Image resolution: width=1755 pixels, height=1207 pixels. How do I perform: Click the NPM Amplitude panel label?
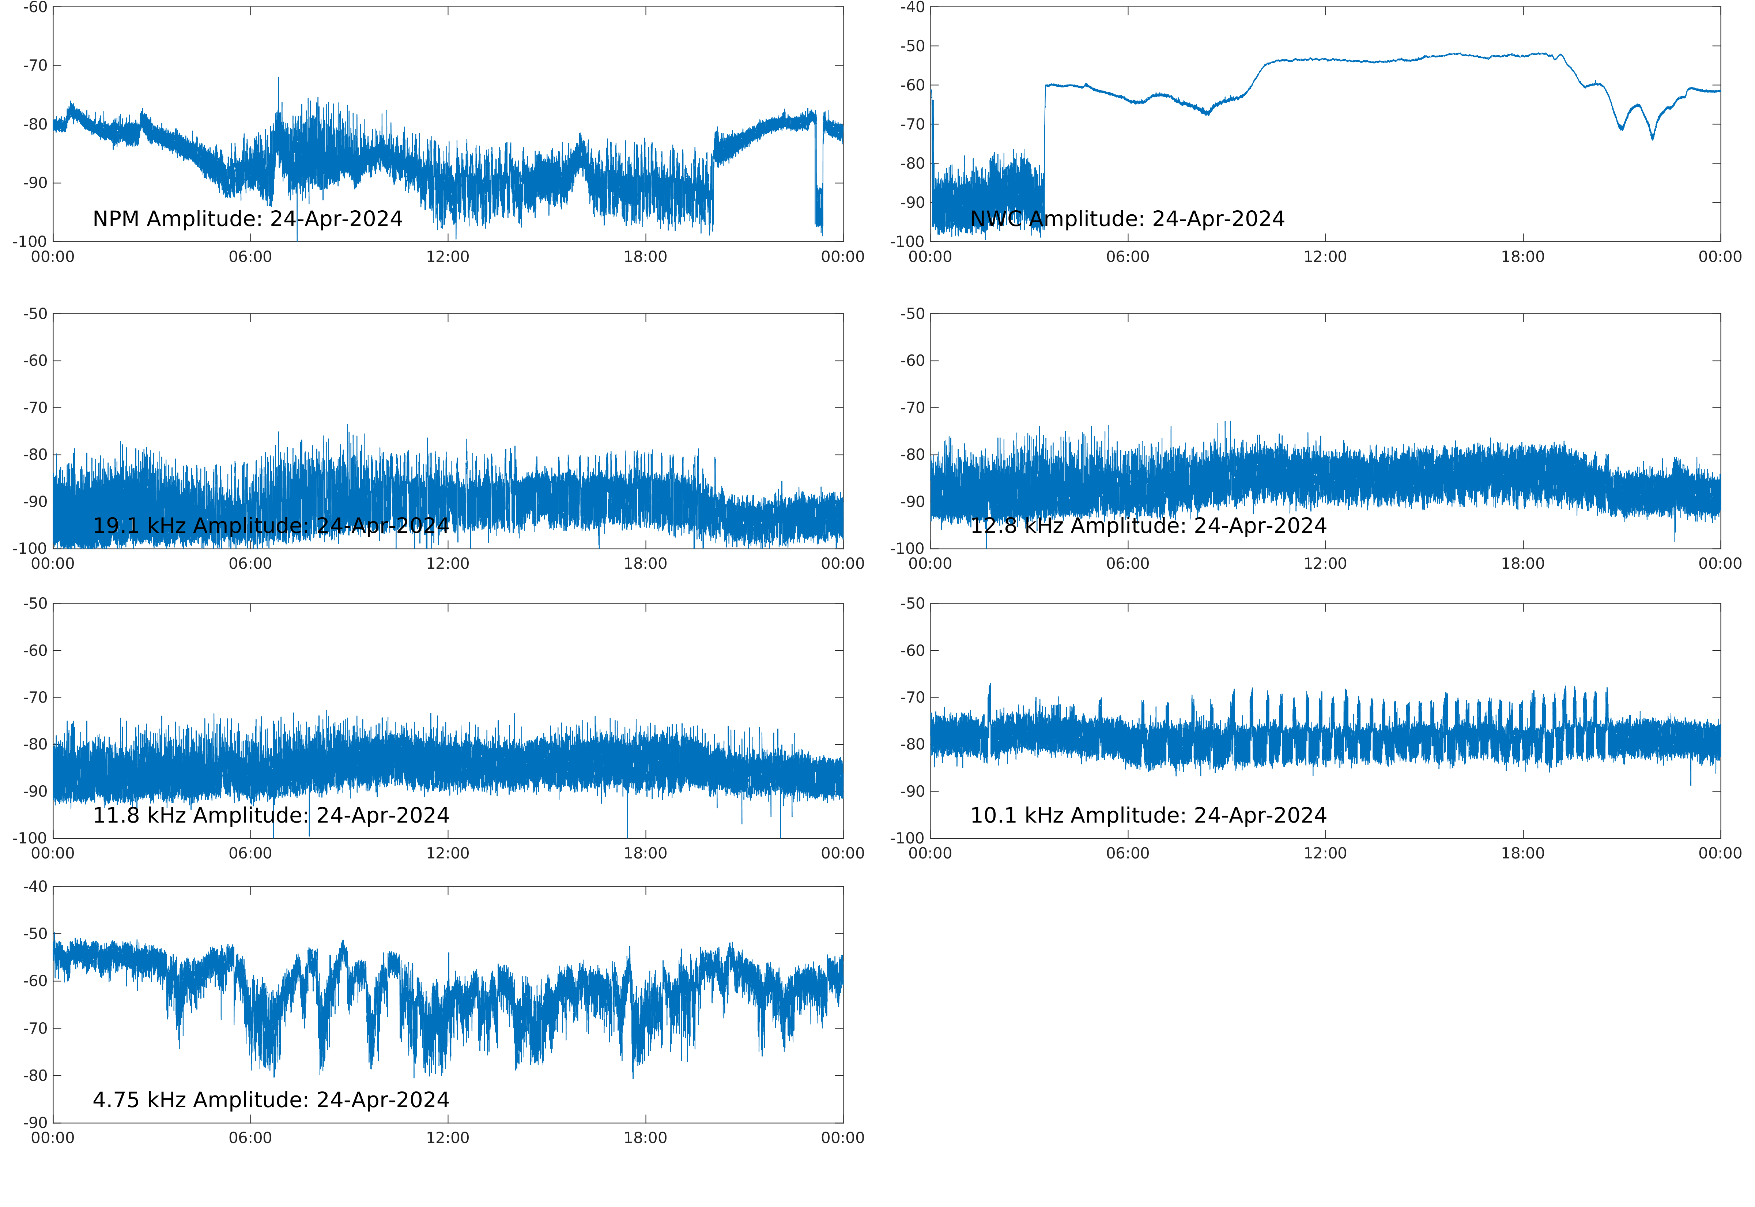coord(247,219)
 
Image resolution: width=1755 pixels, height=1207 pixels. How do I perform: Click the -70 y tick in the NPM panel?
coord(35,66)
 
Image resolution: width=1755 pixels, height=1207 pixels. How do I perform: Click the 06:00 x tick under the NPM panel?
coord(250,257)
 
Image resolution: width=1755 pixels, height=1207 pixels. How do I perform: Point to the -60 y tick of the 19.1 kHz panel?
coord(35,361)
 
